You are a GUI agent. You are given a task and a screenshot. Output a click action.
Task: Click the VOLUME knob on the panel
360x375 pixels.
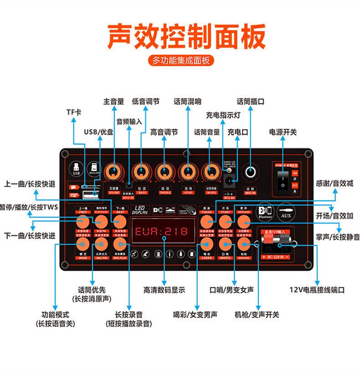(x=114, y=172)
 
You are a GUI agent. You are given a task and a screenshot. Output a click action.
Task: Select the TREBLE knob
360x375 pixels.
(x=165, y=172)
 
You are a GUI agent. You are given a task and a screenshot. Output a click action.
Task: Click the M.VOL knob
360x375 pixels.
(x=210, y=172)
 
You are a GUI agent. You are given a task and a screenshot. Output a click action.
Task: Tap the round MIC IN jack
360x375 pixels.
(x=250, y=172)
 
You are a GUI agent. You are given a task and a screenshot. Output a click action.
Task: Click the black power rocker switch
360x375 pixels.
(x=283, y=180)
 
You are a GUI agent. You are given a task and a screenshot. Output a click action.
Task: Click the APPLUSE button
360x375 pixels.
(x=244, y=222)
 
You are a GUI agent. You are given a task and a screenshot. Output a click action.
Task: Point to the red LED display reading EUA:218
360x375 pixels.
(x=162, y=231)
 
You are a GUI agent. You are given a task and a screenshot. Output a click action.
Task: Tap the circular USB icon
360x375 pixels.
(x=76, y=168)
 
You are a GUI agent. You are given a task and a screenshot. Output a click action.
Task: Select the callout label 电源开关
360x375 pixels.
(x=283, y=132)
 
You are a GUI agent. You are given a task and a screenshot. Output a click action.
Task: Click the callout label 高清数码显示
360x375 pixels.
(x=164, y=290)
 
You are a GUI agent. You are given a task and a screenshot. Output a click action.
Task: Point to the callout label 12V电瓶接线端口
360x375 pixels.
(x=317, y=290)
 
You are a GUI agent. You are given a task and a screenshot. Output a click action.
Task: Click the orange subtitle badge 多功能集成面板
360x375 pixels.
(x=180, y=60)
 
